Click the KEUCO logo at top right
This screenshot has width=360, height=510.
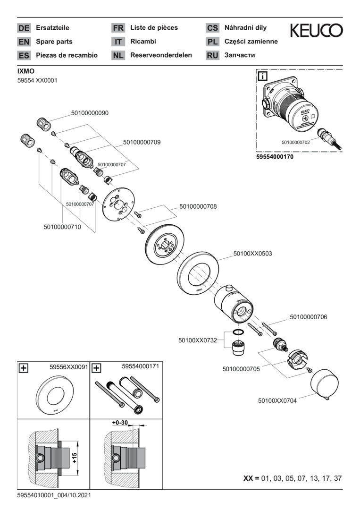pos(316,31)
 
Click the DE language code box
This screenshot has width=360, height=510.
pos(24,28)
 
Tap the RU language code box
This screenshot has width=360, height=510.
pos(213,55)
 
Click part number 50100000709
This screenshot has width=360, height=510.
pos(142,142)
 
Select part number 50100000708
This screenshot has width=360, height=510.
pos(198,206)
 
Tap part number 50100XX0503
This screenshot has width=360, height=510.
pos(252,254)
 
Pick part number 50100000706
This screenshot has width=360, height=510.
pos(308,317)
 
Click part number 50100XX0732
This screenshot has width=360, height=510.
pos(197,340)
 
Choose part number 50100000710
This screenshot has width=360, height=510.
pos(62,227)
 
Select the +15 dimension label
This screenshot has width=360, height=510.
pos(74,457)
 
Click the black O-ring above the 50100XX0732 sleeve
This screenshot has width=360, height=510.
pos(239,332)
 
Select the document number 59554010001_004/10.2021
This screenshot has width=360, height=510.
pos(54,495)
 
